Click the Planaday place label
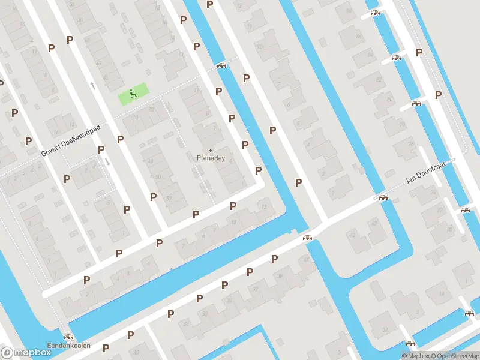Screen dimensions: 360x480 (211, 158)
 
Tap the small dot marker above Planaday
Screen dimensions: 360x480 (211, 150)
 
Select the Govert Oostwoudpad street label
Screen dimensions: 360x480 (71, 141)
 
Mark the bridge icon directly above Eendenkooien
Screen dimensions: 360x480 (68, 337)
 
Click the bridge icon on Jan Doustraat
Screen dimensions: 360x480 (382, 197)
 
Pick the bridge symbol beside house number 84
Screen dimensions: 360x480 (395, 58)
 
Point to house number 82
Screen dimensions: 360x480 (378, 79)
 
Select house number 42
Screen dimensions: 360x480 (352, 234)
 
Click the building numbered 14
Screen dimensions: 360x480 (442, 294)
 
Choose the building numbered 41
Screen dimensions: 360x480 (307, 259)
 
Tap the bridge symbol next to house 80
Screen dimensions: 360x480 (416, 103)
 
